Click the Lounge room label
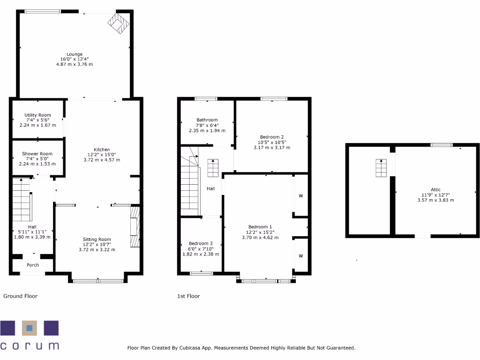pyautogui.click(x=75, y=54)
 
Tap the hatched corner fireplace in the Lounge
pyautogui.click(x=118, y=23)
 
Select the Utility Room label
pyautogui.click(x=37, y=115)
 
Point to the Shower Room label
pyautogui.click(x=37, y=154)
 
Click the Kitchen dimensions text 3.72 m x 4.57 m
pyautogui.click(x=102, y=160)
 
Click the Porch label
pyautogui.click(x=33, y=265)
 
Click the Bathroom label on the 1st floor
pyautogui.click(x=207, y=120)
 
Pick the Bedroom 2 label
pyautogui.click(x=272, y=137)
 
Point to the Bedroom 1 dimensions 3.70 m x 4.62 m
pyautogui.click(x=260, y=237)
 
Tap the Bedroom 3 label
pyautogui.click(x=201, y=244)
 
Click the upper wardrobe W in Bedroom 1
pyautogui.click(x=300, y=195)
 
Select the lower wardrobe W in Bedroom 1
pyautogui.click(x=300, y=256)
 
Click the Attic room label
pyautogui.click(x=435, y=190)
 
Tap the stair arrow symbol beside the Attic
pyautogui.click(x=381, y=168)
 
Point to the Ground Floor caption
pyautogui.click(x=20, y=296)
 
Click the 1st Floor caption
pyautogui.click(x=188, y=296)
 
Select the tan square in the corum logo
pyautogui.click(x=30, y=328)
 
